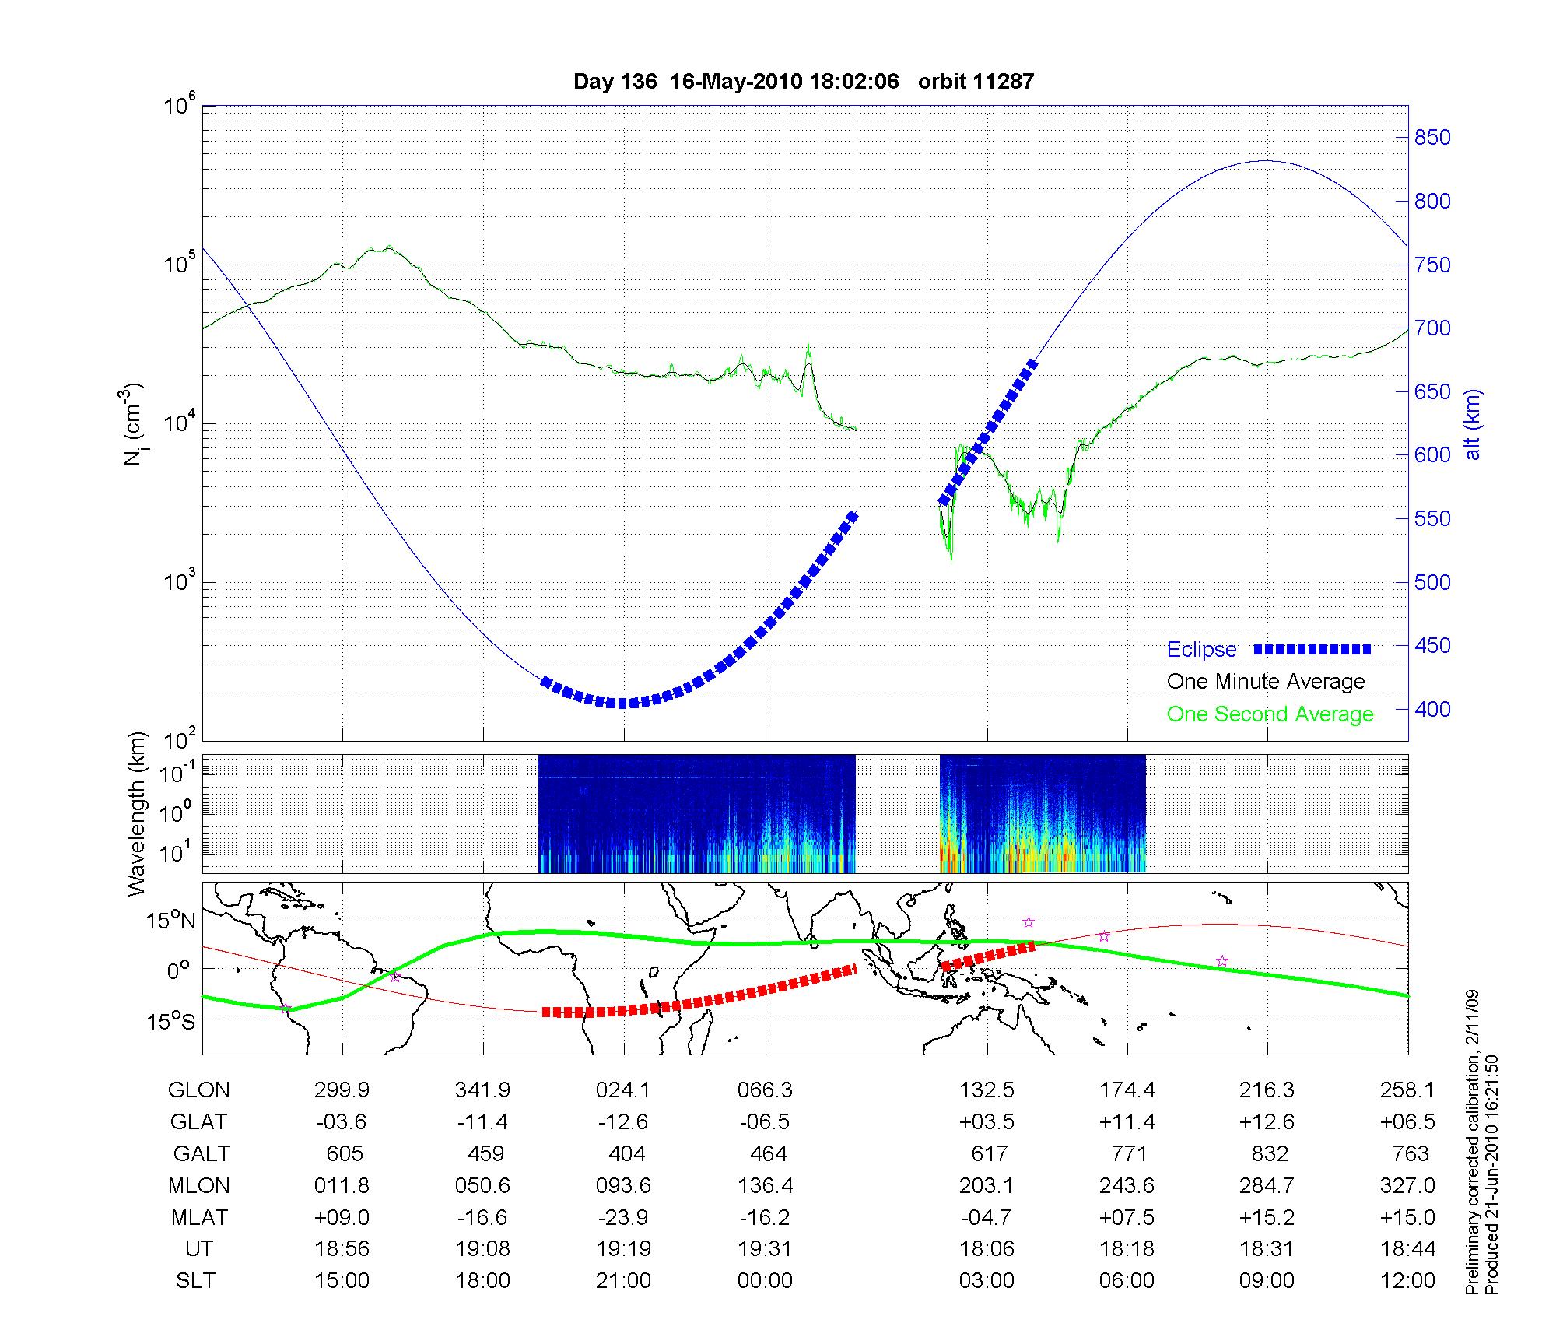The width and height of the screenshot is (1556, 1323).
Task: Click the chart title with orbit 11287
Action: click(803, 82)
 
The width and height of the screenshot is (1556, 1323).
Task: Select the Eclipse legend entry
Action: click(1201, 649)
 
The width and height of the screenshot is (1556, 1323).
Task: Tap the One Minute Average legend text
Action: click(1266, 682)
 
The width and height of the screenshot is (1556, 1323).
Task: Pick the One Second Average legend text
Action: click(1270, 714)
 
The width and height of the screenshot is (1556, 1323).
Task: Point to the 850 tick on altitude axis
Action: click(1432, 138)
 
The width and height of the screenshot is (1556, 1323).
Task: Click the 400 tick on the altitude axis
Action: click(1432, 709)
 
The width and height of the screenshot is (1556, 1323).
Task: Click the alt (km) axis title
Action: click(1473, 424)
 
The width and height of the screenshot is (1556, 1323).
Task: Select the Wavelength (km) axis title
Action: click(138, 814)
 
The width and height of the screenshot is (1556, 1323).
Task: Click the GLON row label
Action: click(198, 1090)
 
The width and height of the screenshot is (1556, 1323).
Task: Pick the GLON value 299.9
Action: click(342, 1090)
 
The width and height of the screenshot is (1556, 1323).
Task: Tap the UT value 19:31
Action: click(765, 1248)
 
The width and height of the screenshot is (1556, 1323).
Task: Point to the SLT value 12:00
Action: click(1408, 1280)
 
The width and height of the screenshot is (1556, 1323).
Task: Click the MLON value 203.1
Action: click(986, 1185)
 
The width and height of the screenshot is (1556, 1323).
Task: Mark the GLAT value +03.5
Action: click(987, 1122)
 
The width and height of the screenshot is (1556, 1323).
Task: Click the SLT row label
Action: click(195, 1280)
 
